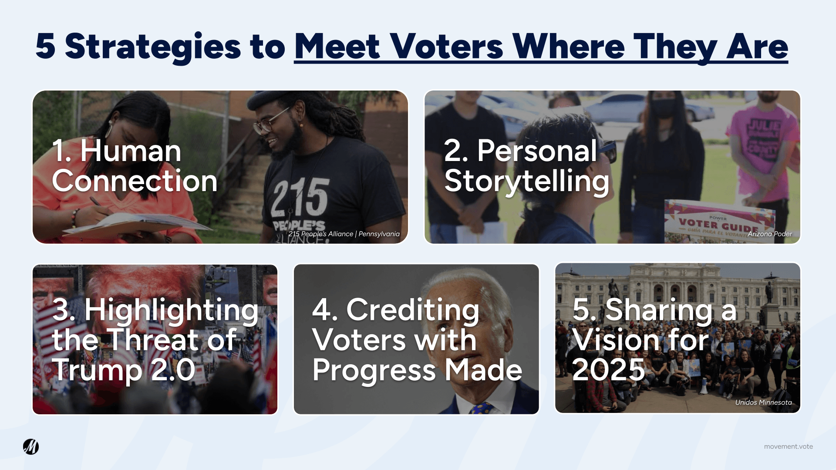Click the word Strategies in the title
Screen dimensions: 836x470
pos(153,47)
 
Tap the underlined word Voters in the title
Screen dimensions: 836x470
pos(446,46)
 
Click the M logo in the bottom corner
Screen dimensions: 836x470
pos(31,446)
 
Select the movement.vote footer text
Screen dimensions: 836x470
pos(788,446)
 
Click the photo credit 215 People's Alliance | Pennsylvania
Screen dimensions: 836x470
pos(344,234)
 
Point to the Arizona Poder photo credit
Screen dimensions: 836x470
pos(770,234)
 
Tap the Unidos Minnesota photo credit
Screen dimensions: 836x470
pos(763,402)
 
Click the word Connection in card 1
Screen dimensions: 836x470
pos(135,181)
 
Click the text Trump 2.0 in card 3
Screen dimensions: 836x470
pos(124,370)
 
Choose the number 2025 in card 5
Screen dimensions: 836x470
pos(608,370)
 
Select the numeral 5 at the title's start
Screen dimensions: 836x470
pos(45,46)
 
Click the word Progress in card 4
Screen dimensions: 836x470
pos(374,371)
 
